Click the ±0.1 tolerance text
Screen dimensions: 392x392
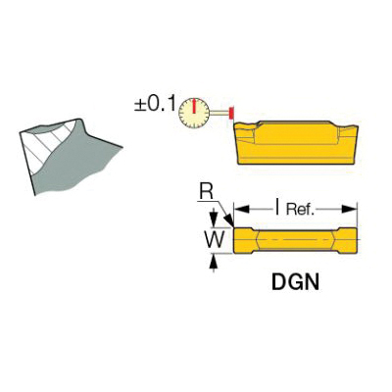pos(155,105)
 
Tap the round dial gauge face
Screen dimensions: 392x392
pos(194,113)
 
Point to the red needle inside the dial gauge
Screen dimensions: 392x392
pos(194,107)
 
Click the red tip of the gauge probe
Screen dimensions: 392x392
pos(231,113)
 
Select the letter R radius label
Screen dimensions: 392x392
pos(207,193)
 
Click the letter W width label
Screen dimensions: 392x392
pos(215,240)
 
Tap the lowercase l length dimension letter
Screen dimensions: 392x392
pos(277,208)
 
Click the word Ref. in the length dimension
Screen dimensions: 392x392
pos(300,210)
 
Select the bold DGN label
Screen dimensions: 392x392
pos(295,282)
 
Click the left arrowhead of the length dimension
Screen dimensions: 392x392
pos(242,209)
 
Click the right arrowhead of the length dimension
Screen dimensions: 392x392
pos(349,209)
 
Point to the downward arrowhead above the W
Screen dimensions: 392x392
pos(214,219)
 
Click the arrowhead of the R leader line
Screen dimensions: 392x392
pos(229,220)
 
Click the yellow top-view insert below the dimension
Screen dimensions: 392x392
pos(295,240)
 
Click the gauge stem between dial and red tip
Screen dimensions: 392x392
pos(220,113)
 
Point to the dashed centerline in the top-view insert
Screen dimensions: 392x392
pos(296,240)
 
